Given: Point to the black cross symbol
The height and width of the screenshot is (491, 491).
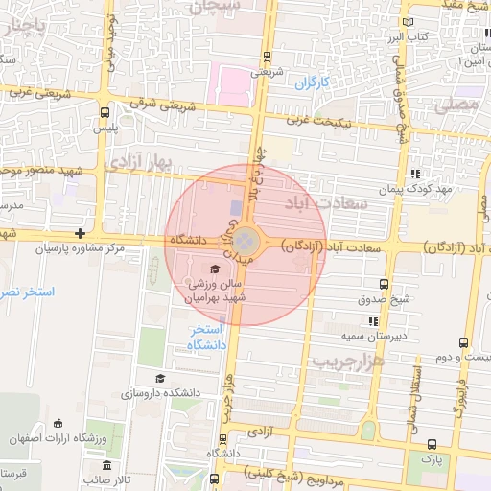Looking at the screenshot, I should [x=80, y=233].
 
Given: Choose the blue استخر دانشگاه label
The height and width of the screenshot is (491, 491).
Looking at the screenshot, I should [x=206, y=337].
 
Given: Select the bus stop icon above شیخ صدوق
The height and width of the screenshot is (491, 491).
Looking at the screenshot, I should [x=385, y=284].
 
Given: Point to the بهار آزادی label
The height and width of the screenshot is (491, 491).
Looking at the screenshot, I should [x=138, y=160].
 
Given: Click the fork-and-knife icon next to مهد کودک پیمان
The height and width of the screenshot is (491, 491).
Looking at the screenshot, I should [x=415, y=174].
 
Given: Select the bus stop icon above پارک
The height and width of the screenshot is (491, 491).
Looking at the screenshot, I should [x=431, y=444].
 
